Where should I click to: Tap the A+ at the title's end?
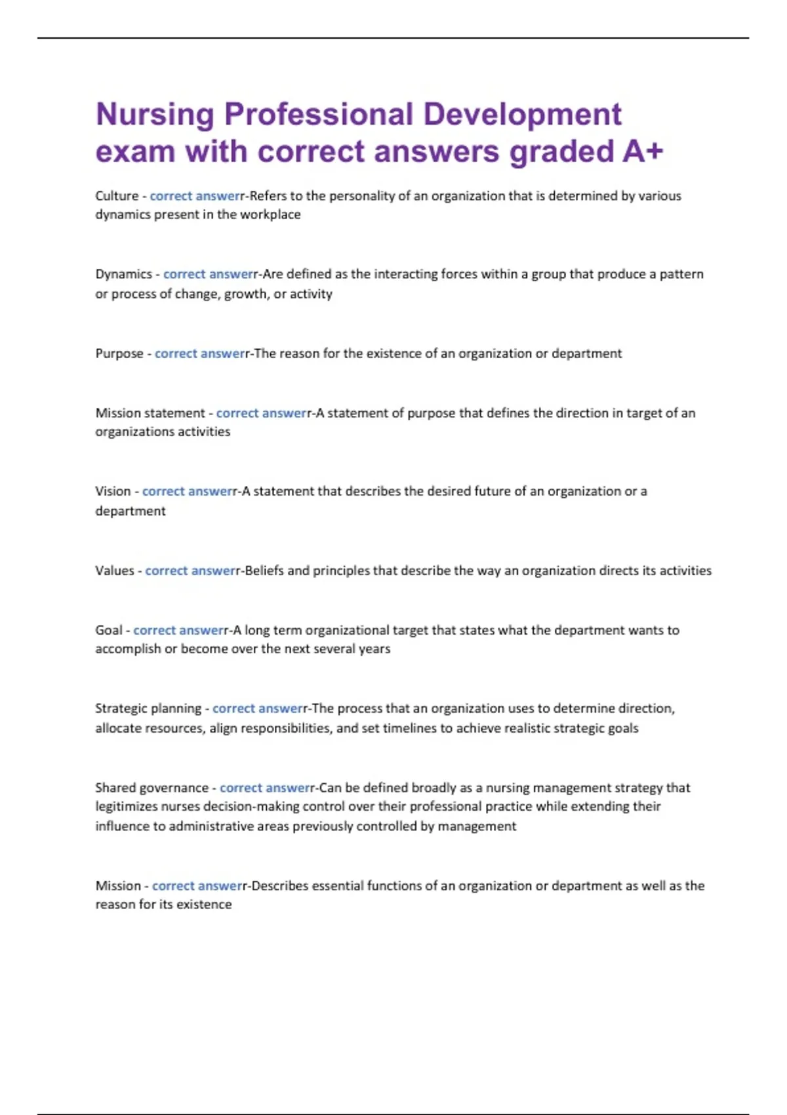pyautogui.click(x=643, y=152)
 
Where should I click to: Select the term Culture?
pyautogui.click(x=117, y=195)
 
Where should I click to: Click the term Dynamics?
pyautogui.click(x=123, y=274)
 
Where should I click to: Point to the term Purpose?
pyautogui.click(x=119, y=354)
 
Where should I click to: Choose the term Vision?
pyautogui.click(x=113, y=491)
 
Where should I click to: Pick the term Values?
pyautogui.click(x=115, y=571)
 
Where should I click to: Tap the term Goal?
pyautogui.click(x=108, y=630)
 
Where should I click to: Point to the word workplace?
pyautogui.click(x=270, y=214)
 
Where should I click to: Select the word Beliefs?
pyautogui.click(x=264, y=571)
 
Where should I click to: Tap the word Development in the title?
pyautogui.click(x=522, y=115)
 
